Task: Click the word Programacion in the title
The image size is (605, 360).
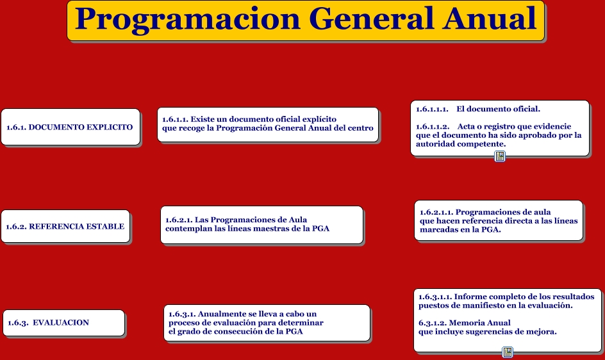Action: pyautogui.click(x=188, y=19)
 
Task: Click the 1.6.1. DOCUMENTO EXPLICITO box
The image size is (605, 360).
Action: pyautogui.click(x=70, y=127)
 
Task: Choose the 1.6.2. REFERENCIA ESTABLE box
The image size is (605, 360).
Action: pyautogui.click(x=65, y=226)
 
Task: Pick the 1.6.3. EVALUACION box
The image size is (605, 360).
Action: pyautogui.click(x=64, y=323)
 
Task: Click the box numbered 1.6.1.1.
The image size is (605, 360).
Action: pyautogui.click(x=268, y=125)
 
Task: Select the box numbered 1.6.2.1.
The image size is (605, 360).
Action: pyautogui.click(x=262, y=225)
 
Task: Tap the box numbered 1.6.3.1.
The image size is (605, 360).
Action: pyautogui.click(x=267, y=323)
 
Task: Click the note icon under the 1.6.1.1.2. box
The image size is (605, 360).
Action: pyautogui.click(x=500, y=156)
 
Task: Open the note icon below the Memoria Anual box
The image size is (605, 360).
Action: pyautogui.click(x=508, y=352)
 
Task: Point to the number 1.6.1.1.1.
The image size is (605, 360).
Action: pyautogui.click(x=432, y=109)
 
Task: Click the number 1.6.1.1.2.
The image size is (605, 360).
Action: pyautogui.click(x=433, y=127)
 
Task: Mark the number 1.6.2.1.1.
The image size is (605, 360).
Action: pyautogui.click(x=436, y=212)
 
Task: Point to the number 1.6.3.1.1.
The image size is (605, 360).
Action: pyautogui.click(x=435, y=297)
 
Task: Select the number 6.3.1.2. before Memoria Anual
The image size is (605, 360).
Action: pyautogui.click(x=433, y=323)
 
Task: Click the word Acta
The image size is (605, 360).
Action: pyautogui.click(x=466, y=127)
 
